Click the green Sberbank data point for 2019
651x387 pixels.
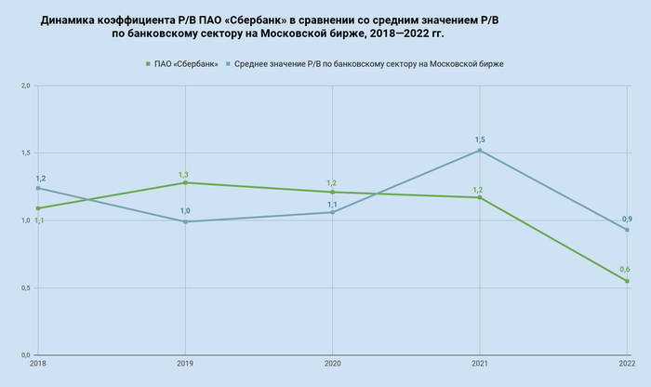[185, 182]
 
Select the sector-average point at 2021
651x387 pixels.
[480, 151]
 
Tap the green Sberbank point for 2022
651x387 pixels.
[627, 281]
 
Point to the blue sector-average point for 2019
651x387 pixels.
[185, 221]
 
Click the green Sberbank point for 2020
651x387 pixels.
[332, 192]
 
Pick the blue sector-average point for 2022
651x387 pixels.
[627, 230]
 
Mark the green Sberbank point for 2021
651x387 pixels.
[480, 197]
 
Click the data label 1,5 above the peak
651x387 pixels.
[480, 140]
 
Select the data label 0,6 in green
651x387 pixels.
[625, 269]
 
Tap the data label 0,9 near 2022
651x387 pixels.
[627, 219]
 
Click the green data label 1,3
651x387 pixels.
[184, 174]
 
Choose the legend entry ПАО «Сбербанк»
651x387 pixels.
[186, 63]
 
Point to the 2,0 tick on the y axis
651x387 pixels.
[25, 86]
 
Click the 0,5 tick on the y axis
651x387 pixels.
[25, 287]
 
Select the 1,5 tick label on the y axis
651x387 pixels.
[25, 153]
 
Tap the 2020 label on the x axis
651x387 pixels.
[332, 363]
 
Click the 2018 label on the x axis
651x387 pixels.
[37, 363]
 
